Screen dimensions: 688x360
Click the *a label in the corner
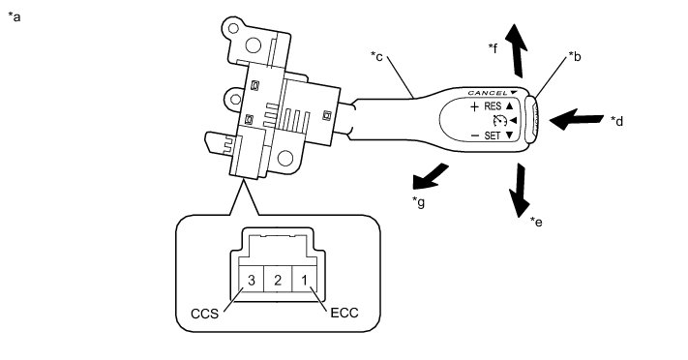pyautogui.click(x=15, y=17)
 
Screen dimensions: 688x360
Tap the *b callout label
pyautogui.click(x=575, y=57)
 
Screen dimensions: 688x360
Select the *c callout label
pyautogui.click(x=376, y=56)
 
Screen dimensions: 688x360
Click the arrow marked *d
pyautogui.click(x=576, y=119)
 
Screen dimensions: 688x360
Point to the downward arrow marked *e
pyautogui.click(x=519, y=190)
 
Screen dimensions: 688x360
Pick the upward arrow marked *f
pyautogui.click(x=517, y=51)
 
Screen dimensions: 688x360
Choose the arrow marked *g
pyautogui.click(x=430, y=176)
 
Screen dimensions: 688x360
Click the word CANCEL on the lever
pyautogui.click(x=488, y=93)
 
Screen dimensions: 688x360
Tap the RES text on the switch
pyautogui.click(x=493, y=106)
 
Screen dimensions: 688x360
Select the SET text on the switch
pyautogui.click(x=493, y=135)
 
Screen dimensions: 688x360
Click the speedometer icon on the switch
pyautogui.click(x=499, y=120)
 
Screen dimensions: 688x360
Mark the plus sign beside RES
pyautogui.click(x=474, y=106)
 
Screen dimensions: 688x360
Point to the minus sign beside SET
pyautogui.click(x=475, y=135)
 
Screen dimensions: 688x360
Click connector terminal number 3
pyautogui.click(x=251, y=280)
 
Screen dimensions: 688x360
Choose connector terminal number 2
pyautogui.click(x=278, y=280)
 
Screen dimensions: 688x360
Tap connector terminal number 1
pyautogui.click(x=305, y=280)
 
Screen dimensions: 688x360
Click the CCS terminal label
pyautogui.click(x=204, y=314)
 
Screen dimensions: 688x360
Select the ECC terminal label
pyautogui.click(x=344, y=313)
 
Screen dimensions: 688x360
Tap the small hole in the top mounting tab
pyautogui.click(x=233, y=28)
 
